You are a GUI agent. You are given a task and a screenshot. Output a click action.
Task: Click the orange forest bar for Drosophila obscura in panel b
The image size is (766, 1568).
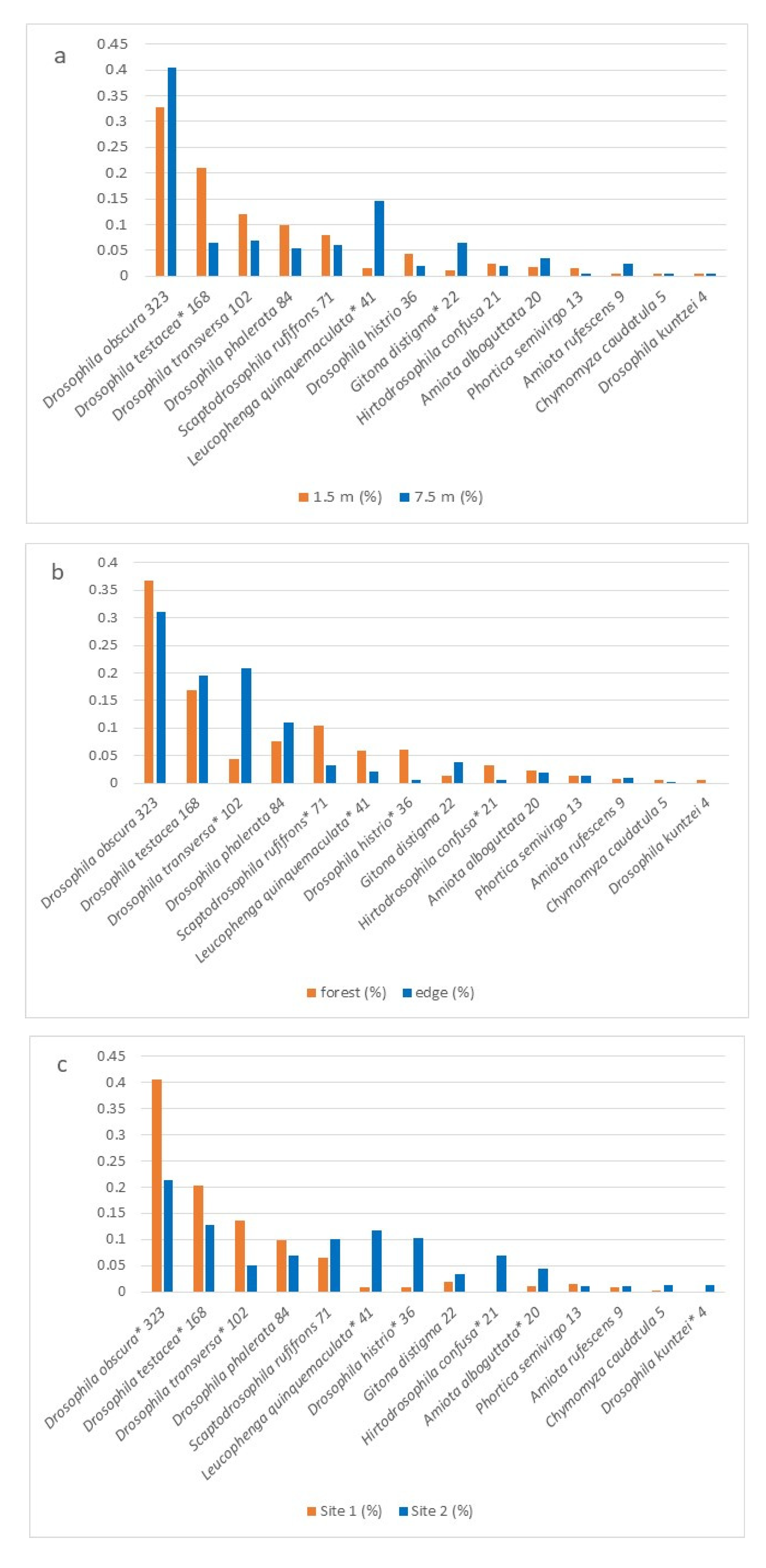(149, 682)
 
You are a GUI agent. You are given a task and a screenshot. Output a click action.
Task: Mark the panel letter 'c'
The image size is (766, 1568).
(61, 1065)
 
